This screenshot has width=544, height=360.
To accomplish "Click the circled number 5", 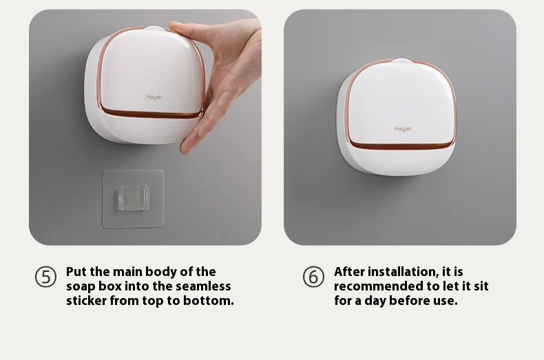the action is tap(45, 277).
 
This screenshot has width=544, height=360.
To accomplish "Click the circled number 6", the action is tap(313, 277).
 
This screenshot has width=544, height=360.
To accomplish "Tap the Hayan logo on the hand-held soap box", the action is tap(154, 97).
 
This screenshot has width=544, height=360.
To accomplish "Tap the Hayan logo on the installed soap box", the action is tap(403, 129).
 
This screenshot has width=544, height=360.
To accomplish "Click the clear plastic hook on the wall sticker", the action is tap(134, 198).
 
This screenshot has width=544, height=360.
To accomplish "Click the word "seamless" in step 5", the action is tap(203, 286).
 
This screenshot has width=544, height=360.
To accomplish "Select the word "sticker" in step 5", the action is tap(86, 300).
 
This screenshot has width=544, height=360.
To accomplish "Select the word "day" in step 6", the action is tap(375, 301).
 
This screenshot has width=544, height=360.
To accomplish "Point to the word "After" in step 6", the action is tap(349, 272).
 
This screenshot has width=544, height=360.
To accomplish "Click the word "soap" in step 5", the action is tap(81, 287).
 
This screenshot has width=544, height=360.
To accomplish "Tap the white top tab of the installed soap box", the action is tap(401, 61).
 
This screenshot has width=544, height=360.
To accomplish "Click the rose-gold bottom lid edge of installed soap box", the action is tap(401, 146).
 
